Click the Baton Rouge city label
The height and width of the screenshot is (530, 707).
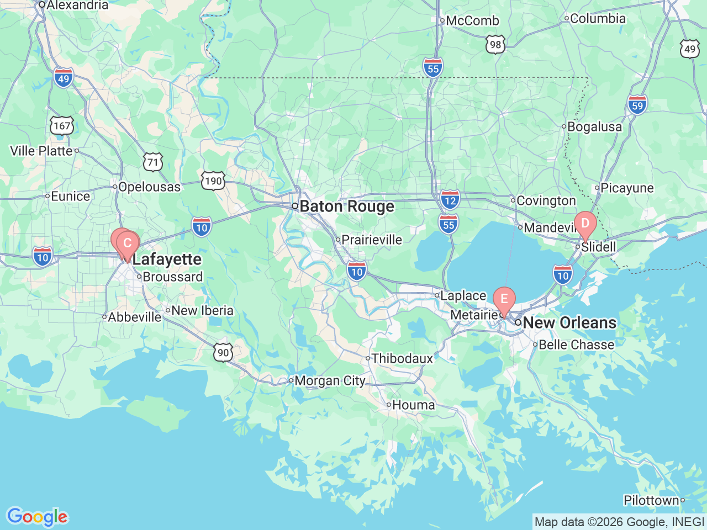click(346, 206)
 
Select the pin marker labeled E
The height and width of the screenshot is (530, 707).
click(504, 299)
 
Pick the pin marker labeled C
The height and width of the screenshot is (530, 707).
click(128, 243)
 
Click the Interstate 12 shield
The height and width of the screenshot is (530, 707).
click(450, 200)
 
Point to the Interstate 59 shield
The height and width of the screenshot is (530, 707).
click(637, 105)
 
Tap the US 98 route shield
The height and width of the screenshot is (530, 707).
click(495, 45)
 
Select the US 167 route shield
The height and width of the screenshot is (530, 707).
click(62, 126)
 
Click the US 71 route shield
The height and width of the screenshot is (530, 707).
click(153, 162)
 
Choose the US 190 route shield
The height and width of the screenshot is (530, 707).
click(213, 181)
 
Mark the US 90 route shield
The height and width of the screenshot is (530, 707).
click(223, 353)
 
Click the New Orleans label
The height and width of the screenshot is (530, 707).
click(569, 323)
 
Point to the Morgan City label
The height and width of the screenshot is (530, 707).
click(329, 381)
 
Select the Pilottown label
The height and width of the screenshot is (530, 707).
click(651, 501)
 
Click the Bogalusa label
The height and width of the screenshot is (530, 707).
click(594, 127)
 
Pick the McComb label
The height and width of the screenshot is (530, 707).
click(472, 21)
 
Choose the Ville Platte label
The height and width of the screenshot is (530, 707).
click(41, 151)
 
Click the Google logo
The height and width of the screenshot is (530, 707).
click(37, 517)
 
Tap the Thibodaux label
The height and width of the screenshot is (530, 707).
click(402, 359)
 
